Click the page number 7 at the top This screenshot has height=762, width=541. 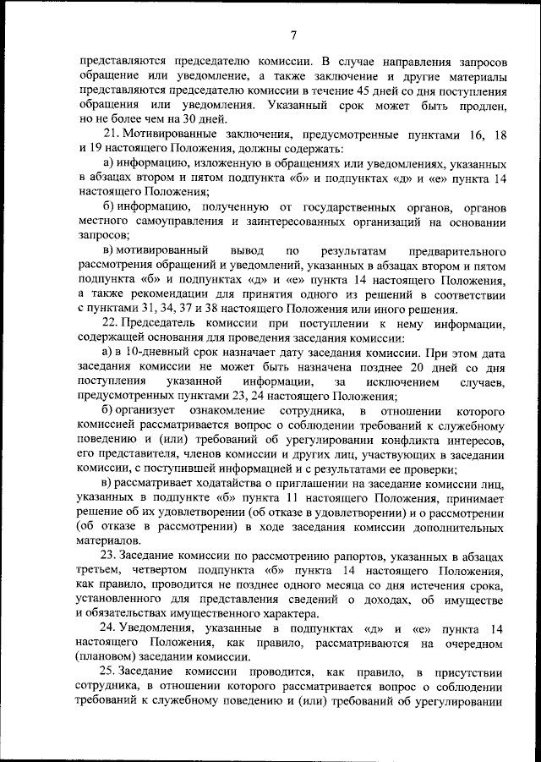[292, 35]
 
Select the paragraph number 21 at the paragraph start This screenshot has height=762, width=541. [109, 134]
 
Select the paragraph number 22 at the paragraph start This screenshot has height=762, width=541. [109, 324]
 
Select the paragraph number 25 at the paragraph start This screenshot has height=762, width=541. [109, 672]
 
